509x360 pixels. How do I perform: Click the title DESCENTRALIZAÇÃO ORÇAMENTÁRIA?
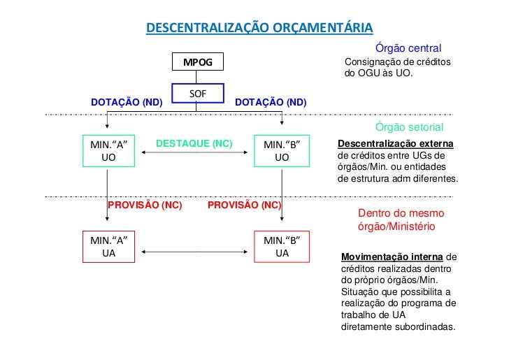coord(259,27)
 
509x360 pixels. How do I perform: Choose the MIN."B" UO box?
coord(281,151)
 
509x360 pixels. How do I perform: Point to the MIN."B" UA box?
coord(281,247)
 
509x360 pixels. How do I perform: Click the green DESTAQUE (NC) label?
coord(194,143)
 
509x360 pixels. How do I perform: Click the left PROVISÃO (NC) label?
coord(145,206)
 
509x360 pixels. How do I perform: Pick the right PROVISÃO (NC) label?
coord(244,206)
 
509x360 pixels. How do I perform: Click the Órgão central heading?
coord(408,48)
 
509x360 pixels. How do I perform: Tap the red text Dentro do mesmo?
coord(401,213)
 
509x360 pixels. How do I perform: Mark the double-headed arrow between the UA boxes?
coord(194,247)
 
